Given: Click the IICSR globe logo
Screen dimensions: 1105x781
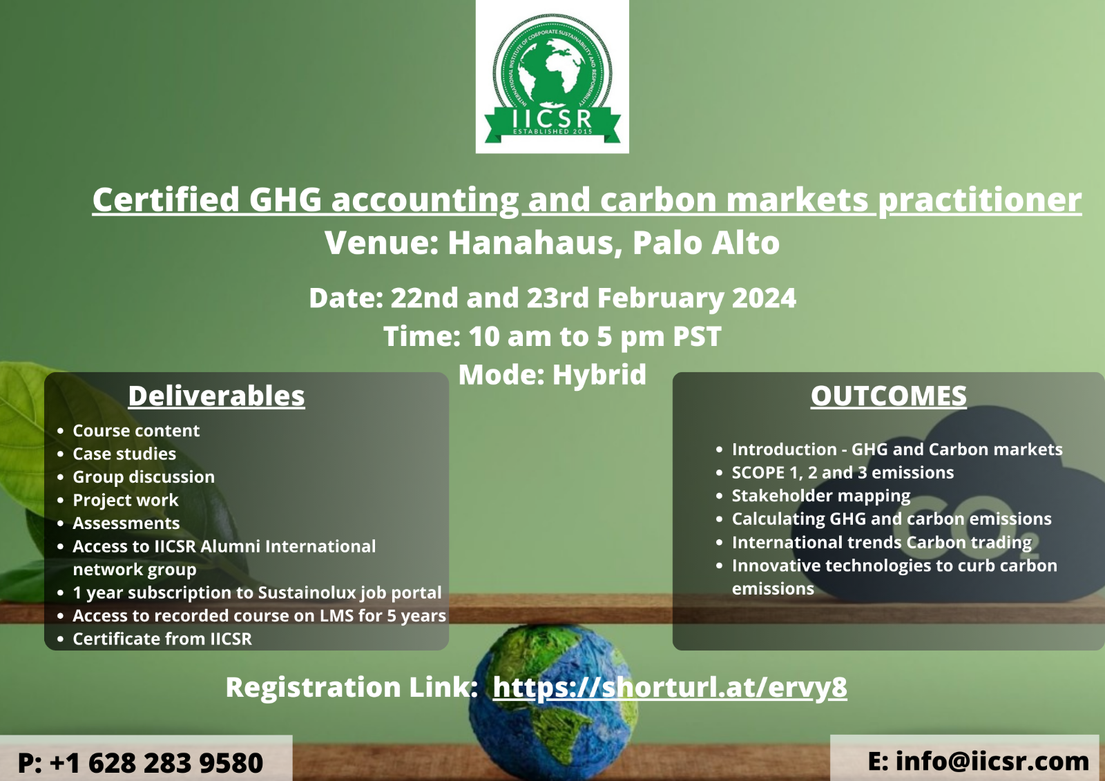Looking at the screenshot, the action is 552,77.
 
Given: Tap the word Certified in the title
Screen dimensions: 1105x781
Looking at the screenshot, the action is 166,200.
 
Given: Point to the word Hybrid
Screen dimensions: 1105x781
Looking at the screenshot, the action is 599,374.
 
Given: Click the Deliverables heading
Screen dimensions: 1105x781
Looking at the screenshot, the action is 217,396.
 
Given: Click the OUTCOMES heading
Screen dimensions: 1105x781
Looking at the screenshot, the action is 888,396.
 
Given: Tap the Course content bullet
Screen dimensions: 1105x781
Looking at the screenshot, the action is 136,431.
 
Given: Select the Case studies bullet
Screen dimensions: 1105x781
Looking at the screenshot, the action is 124,454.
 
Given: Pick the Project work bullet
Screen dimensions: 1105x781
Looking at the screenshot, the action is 125,500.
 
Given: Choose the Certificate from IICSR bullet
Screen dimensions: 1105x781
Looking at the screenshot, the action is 162,639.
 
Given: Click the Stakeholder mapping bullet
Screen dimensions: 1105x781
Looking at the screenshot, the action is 821,496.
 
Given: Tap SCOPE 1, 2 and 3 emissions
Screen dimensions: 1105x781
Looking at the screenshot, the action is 843,472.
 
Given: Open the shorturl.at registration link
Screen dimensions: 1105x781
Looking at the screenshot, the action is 670,687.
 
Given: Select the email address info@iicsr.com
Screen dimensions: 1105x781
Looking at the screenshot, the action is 992,761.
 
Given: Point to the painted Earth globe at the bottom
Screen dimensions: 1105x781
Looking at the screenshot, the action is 552,702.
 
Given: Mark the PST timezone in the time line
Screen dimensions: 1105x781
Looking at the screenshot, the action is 697,336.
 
